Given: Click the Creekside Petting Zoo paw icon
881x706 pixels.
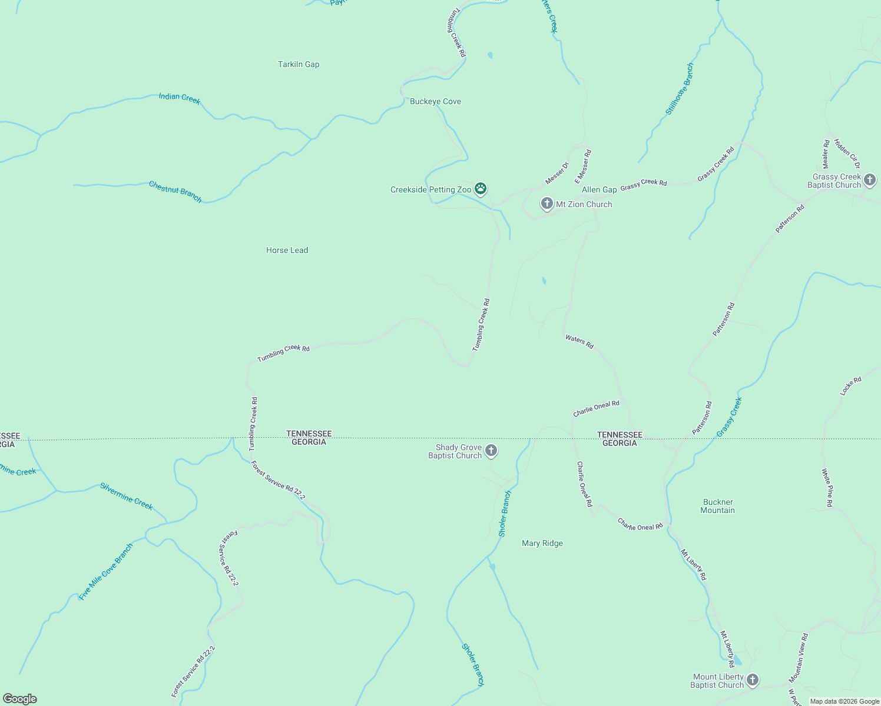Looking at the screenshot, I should (x=481, y=189).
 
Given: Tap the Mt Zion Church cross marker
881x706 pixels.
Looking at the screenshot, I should (x=547, y=204).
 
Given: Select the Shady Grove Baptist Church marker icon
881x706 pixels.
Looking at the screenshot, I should (x=491, y=451).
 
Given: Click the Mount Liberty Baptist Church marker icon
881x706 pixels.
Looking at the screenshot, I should (x=753, y=681).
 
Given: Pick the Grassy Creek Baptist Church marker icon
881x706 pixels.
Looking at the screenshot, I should (x=870, y=180).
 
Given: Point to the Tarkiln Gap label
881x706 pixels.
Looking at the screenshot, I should (x=299, y=64).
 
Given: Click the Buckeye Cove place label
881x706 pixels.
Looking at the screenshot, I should (x=435, y=101).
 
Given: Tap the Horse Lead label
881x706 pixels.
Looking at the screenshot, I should (x=287, y=250).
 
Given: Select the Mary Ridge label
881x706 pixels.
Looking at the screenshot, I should (x=542, y=543).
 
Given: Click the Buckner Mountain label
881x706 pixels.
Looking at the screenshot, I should (x=717, y=506).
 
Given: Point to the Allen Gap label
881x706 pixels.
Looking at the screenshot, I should (x=599, y=189).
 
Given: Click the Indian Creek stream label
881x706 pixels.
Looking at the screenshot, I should (x=180, y=98).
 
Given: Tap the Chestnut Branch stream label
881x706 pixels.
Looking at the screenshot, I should (x=175, y=192).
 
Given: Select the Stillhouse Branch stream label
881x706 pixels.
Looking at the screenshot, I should (x=680, y=89).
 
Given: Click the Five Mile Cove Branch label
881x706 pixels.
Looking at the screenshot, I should (x=106, y=571).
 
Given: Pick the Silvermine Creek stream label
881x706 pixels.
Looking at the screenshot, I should (x=126, y=496).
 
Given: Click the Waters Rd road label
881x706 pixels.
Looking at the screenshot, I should (x=579, y=341).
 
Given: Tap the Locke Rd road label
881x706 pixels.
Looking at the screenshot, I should (x=850, y=386).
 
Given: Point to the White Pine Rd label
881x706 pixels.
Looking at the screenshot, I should (x=827, y=487).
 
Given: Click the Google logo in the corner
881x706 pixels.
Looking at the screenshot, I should (x=20, y=699).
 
